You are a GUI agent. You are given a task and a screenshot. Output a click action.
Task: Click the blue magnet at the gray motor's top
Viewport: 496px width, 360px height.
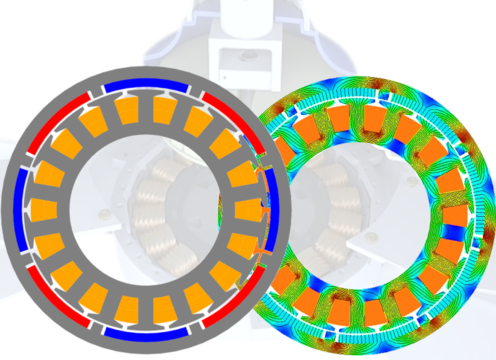[x=146, y=86]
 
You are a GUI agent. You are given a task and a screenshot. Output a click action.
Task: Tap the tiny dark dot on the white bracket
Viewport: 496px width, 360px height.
[x=223, y=77]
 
